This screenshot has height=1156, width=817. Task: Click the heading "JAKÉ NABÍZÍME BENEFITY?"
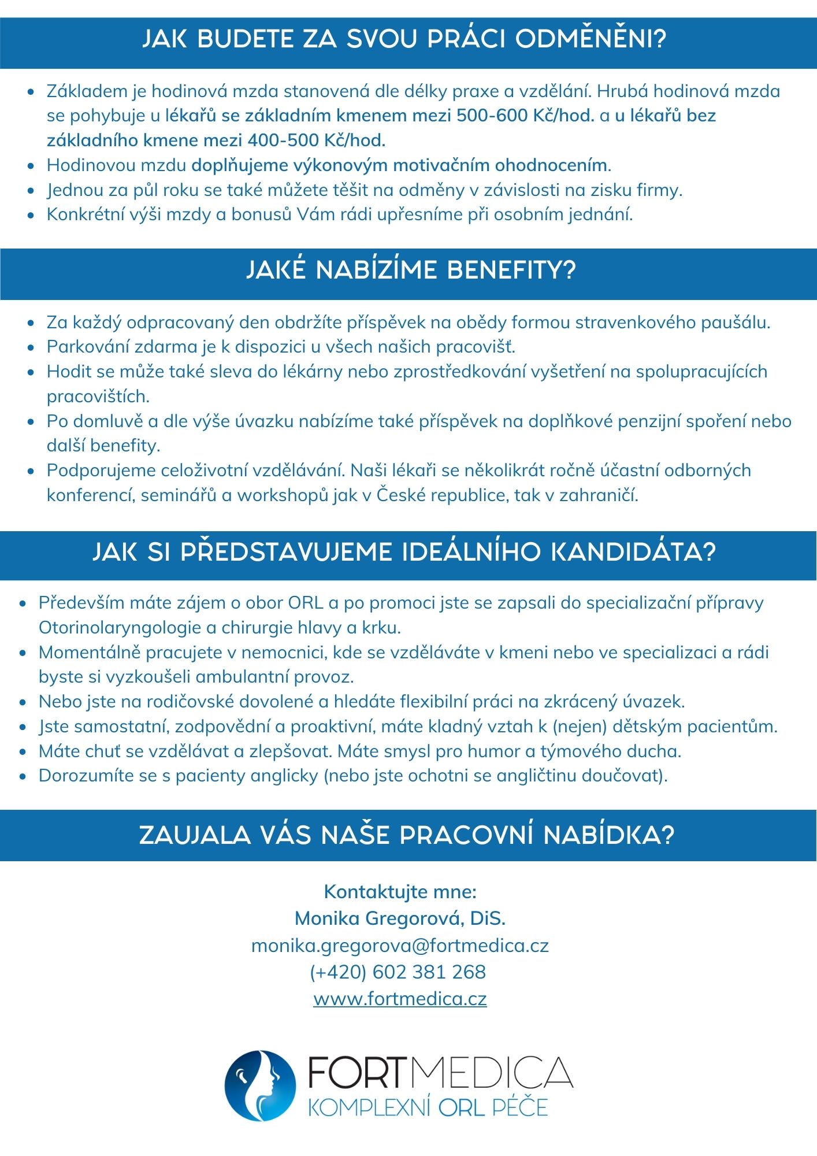pos(411,270)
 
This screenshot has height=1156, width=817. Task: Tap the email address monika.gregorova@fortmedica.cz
pos(400,945)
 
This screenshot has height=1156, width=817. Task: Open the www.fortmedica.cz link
pos(400,998)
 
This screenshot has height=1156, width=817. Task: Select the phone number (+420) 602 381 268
pos(398,972)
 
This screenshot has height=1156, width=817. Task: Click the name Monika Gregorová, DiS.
pos(400,918)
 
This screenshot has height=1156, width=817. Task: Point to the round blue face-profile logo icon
pos(260,1085)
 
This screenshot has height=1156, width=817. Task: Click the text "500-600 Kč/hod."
pos(525,116)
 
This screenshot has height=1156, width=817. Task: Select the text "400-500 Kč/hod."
pos(317,140)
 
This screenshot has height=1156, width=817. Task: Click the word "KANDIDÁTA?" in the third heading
pos(633,551)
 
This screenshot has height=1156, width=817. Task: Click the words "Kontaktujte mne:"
pos(400,891)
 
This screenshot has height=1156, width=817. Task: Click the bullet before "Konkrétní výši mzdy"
pos(31,215)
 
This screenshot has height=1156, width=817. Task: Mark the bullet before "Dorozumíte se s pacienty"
pos(23,776)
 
